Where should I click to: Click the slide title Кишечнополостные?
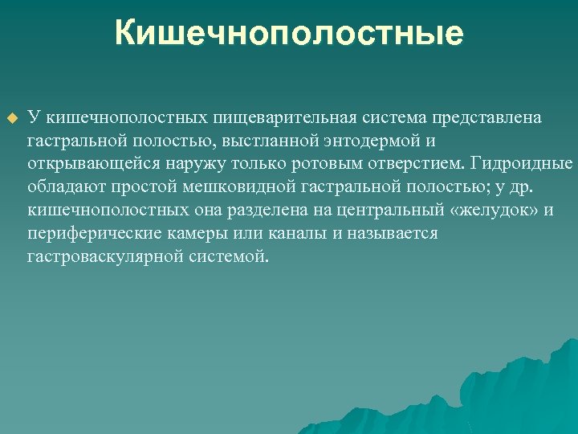point(289,34)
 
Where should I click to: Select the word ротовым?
point(322,164)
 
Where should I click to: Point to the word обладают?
point(61,187)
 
